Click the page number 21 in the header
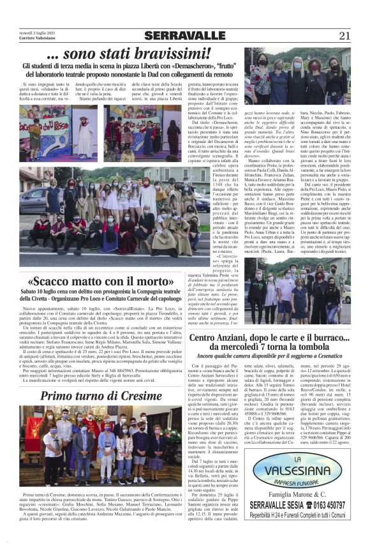[x=344, y=36]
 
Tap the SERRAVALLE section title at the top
[x=184, y=36]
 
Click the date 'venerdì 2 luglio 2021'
[x=38, y=33]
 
